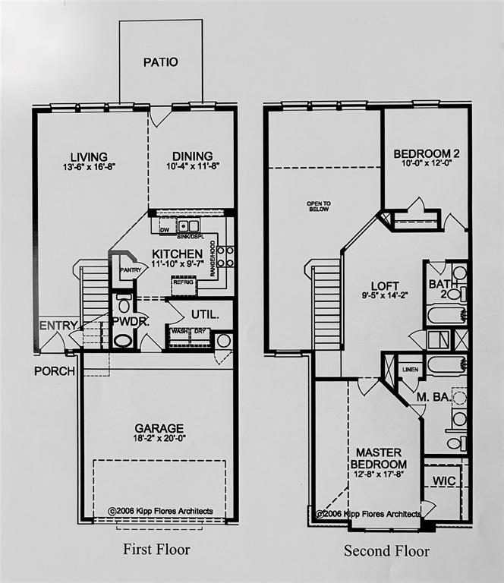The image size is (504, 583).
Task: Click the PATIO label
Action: coord(161,62)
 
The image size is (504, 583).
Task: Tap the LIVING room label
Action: coord(89,157)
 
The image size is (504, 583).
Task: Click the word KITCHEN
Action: coord(177,254)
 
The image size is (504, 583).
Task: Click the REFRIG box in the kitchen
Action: coord(184,282)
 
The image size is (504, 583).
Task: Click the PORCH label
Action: coord(55,371)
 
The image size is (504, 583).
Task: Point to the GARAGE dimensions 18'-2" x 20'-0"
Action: coord(159,438)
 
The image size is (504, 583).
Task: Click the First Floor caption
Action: coord(156,549)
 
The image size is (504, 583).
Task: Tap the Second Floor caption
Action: coord(386,550)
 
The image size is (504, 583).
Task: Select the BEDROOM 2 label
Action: coord(427,154)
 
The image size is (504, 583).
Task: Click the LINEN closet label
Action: coord(408,369)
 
